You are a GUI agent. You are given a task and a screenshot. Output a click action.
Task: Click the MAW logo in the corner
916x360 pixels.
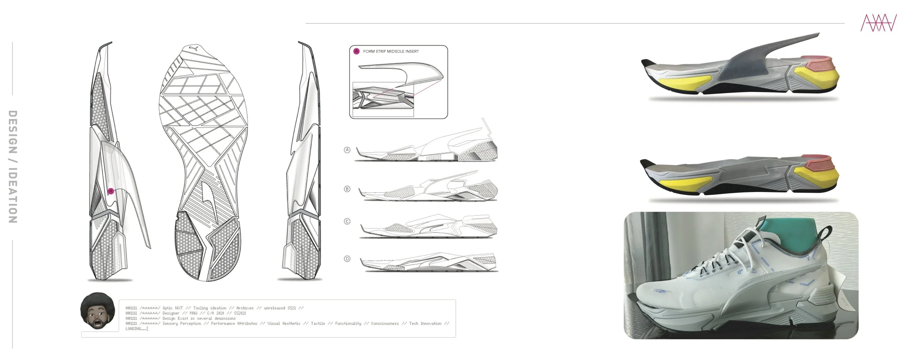tap(878, 23)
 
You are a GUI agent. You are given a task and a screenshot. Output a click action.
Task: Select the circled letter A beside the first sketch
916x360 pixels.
tap(347, 150)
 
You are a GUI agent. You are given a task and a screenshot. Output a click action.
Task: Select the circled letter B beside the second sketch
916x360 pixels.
tap(347, 189)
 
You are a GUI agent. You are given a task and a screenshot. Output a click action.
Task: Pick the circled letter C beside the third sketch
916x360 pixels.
tap(347, 221)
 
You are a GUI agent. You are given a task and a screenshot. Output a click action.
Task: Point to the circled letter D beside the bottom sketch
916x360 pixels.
tap(347, 259)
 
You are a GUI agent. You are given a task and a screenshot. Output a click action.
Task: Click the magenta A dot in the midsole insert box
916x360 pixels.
tap(356, 51)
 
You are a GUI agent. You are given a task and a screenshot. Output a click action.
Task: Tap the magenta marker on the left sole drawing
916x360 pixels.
tap(111, 191)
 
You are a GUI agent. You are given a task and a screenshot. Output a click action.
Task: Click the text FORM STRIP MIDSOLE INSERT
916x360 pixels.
tap(391, 52)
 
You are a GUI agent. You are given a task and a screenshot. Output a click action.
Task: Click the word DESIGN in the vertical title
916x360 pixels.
tap(13, 132)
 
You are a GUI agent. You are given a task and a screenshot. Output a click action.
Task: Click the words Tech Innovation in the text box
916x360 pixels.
tap(425, 324)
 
